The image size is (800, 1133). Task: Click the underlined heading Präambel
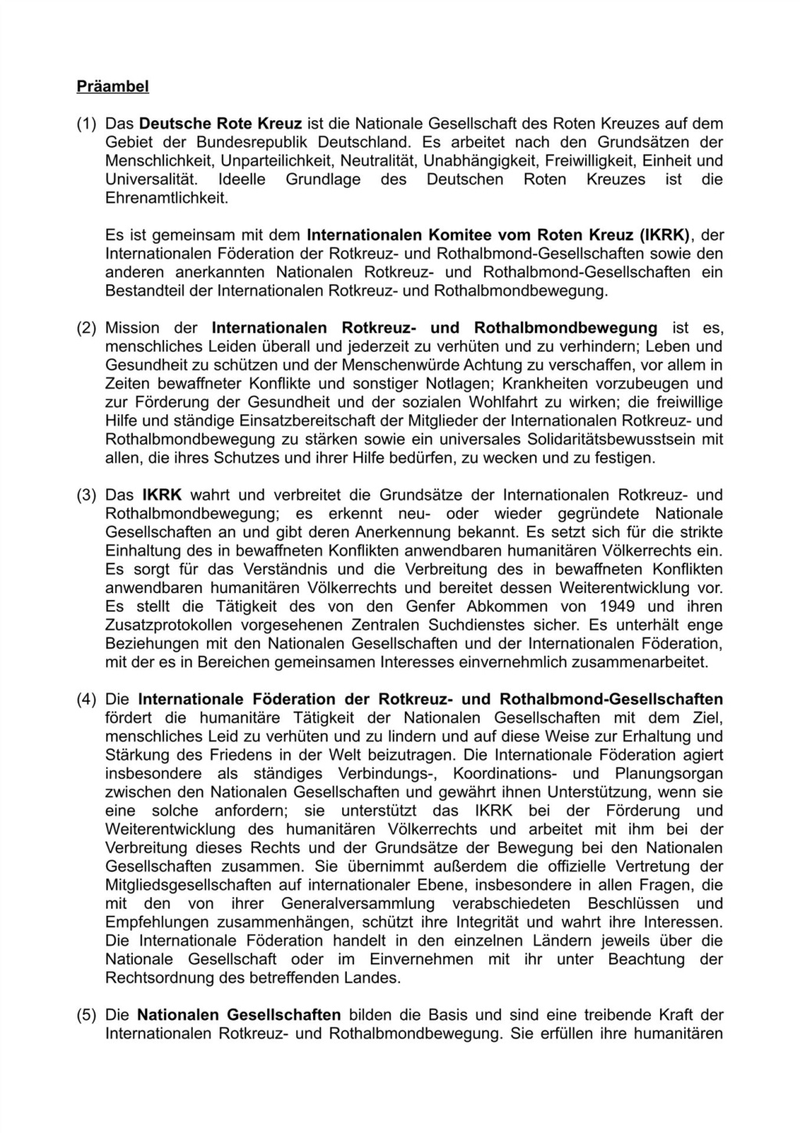(112, 87)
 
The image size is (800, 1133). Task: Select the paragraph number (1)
(86, 123)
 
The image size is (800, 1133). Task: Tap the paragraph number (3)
(86, 495)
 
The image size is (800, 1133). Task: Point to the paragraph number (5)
(86, 1016)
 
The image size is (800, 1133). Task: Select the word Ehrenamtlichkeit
(166, 198)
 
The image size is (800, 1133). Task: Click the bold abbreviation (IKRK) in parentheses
(665, 235)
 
